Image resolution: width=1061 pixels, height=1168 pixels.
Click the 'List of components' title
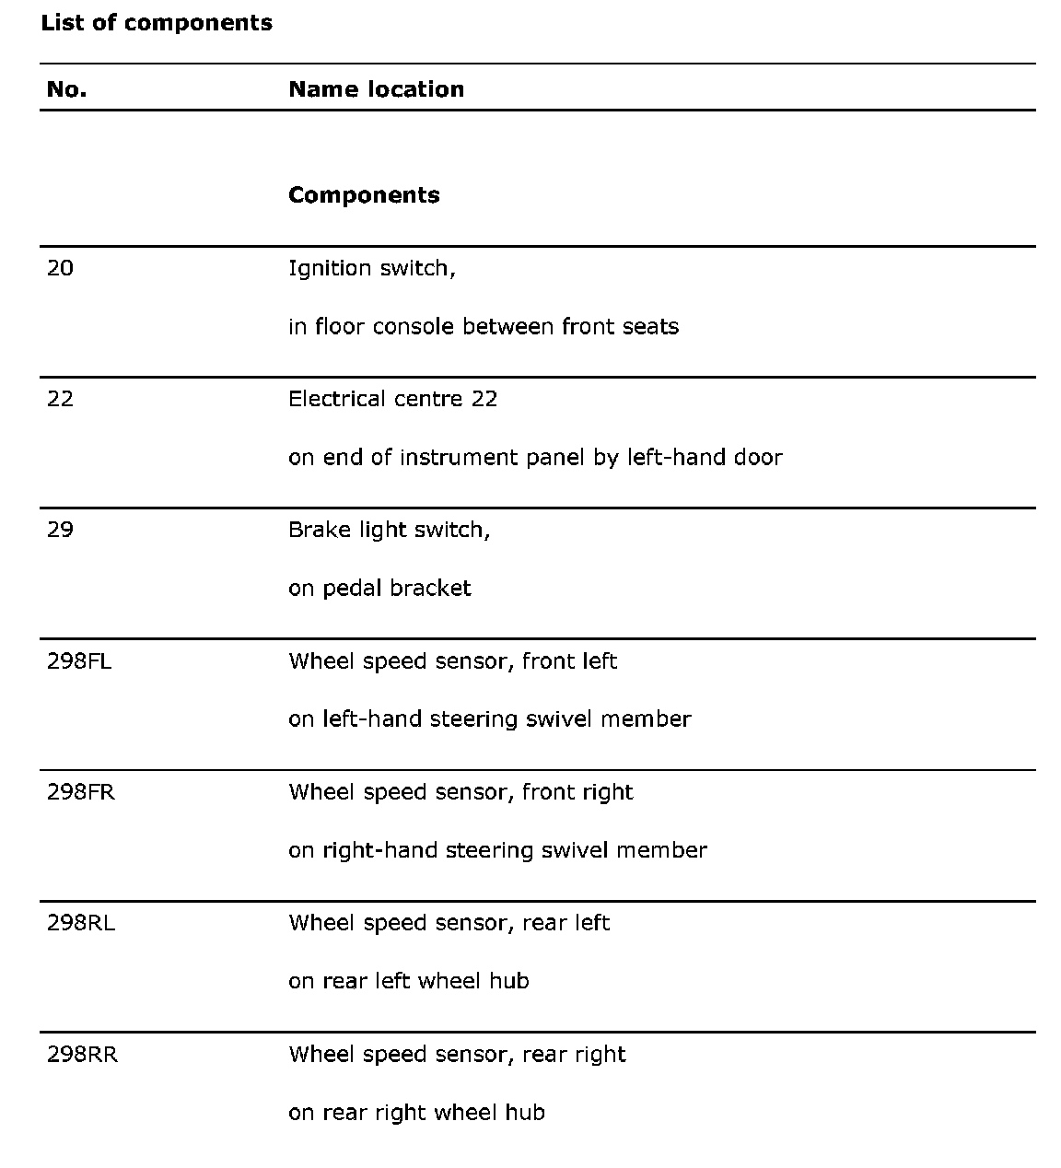tap(157, 23)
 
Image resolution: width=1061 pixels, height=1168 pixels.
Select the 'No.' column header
tap(66, 89)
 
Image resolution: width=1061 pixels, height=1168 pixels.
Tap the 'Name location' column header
tap(376, 89)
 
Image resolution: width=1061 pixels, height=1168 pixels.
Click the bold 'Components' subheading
tap(364, 195)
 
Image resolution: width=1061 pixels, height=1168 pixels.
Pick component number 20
tap(60, 268)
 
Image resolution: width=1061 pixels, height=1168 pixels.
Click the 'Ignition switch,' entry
tap(371, 268)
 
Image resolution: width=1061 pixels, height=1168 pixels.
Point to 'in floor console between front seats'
tap(483, 327)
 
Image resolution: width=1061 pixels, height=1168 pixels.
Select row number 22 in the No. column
tap(60, 399)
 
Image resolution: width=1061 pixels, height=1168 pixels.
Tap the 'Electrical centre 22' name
tap(392, 399)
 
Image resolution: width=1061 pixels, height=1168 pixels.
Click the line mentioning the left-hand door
tap(534, 458)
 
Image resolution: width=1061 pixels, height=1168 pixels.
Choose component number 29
tap(60, 530)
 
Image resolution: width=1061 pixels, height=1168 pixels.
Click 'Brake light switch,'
tap(389, 531)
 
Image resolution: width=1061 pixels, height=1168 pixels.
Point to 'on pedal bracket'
tap(379, 589)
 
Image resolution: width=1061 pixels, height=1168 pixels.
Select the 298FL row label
tap(79, 661)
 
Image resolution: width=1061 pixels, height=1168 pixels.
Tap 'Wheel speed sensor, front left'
tap(452, 661)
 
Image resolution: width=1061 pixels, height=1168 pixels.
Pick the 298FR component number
tap(81, 792)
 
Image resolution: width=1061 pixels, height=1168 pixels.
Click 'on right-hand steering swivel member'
tap(497, 850)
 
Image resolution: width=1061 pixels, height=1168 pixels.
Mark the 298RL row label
tap(81, 923)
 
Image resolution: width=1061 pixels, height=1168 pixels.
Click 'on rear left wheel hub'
tap(408, 981)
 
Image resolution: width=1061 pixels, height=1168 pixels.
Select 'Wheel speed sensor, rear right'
tap(457, 1055)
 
